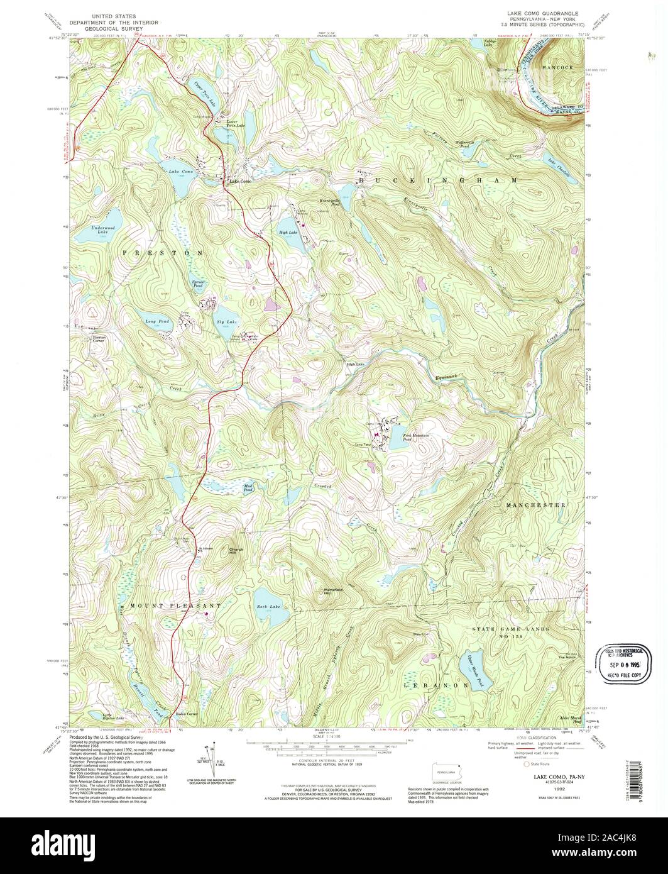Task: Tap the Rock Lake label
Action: pyautogui.click(x=267, y=606)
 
